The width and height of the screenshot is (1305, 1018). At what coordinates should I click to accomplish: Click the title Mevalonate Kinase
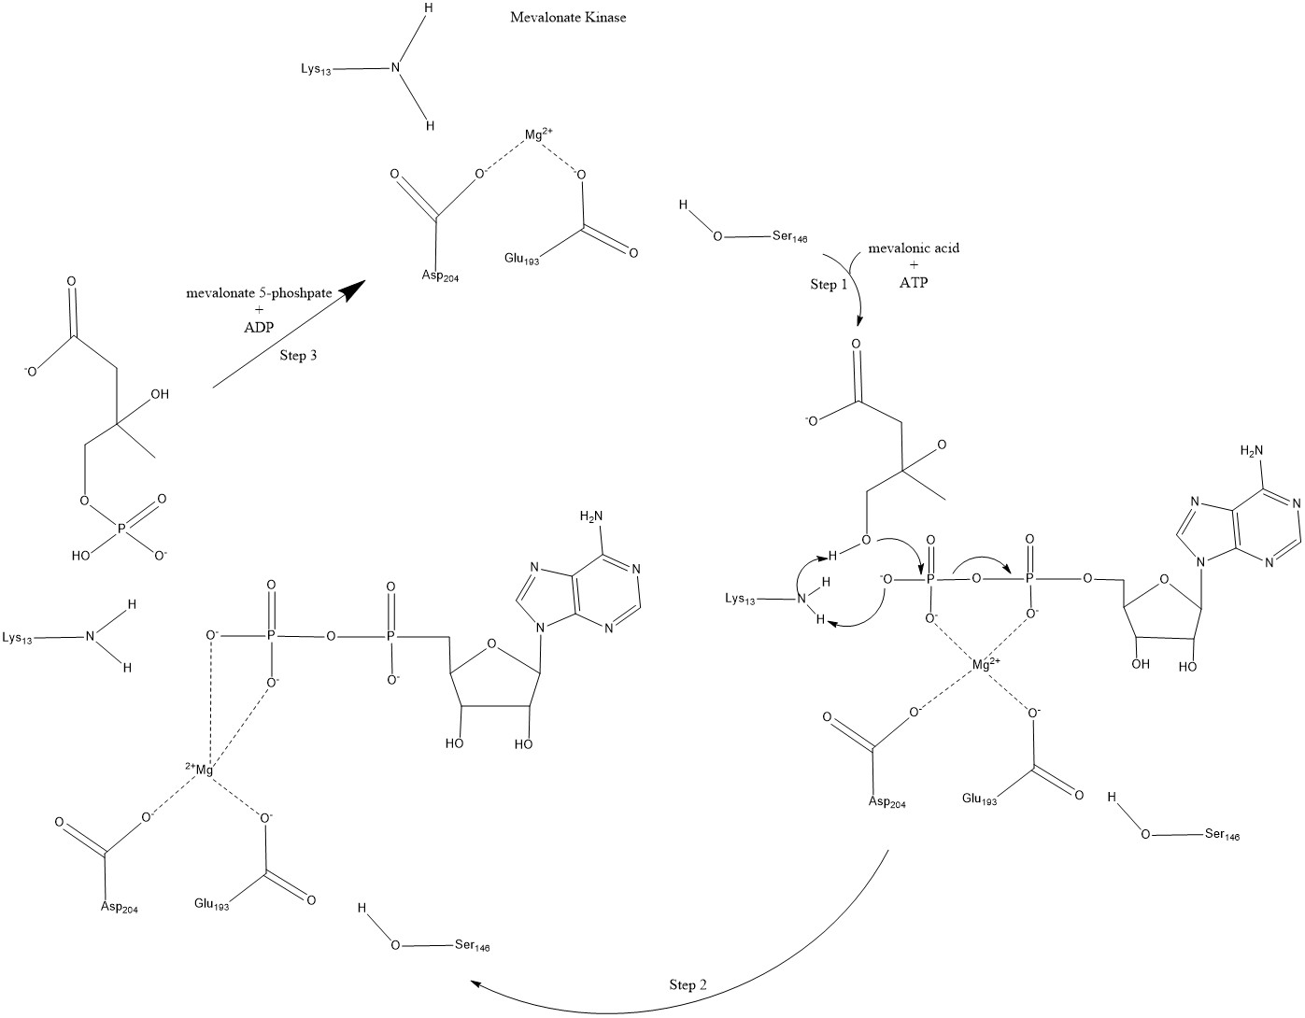pos(567,18)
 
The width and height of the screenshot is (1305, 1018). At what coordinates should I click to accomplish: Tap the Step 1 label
pos(829,285)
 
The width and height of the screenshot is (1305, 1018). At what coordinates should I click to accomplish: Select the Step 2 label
pos(688,985)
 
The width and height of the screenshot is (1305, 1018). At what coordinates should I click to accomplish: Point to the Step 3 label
pos(299,356)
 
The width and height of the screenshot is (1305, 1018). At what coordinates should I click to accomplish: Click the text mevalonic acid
pos(914,249)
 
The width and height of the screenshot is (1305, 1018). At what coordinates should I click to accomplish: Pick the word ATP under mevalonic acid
pos(914,283)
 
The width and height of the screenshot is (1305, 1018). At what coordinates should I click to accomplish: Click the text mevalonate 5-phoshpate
pos(259,293)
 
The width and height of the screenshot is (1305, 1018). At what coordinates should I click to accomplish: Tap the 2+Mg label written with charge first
pos(200,769)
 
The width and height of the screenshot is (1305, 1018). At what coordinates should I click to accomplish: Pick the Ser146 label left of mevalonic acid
pos(788,237)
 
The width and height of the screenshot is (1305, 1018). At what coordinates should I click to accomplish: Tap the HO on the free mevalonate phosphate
pos(81,555)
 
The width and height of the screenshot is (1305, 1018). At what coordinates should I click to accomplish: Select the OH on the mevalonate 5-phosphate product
pos(160,394)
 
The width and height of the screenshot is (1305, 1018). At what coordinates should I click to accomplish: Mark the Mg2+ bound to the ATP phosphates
pos(985,664)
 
